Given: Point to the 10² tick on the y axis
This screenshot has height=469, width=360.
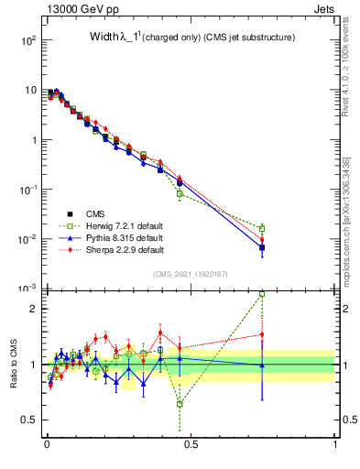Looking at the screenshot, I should pos(27,41).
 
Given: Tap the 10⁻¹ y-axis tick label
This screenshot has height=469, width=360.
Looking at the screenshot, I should pos(27,190).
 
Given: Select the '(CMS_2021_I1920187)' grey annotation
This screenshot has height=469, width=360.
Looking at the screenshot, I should pos(191,274).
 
